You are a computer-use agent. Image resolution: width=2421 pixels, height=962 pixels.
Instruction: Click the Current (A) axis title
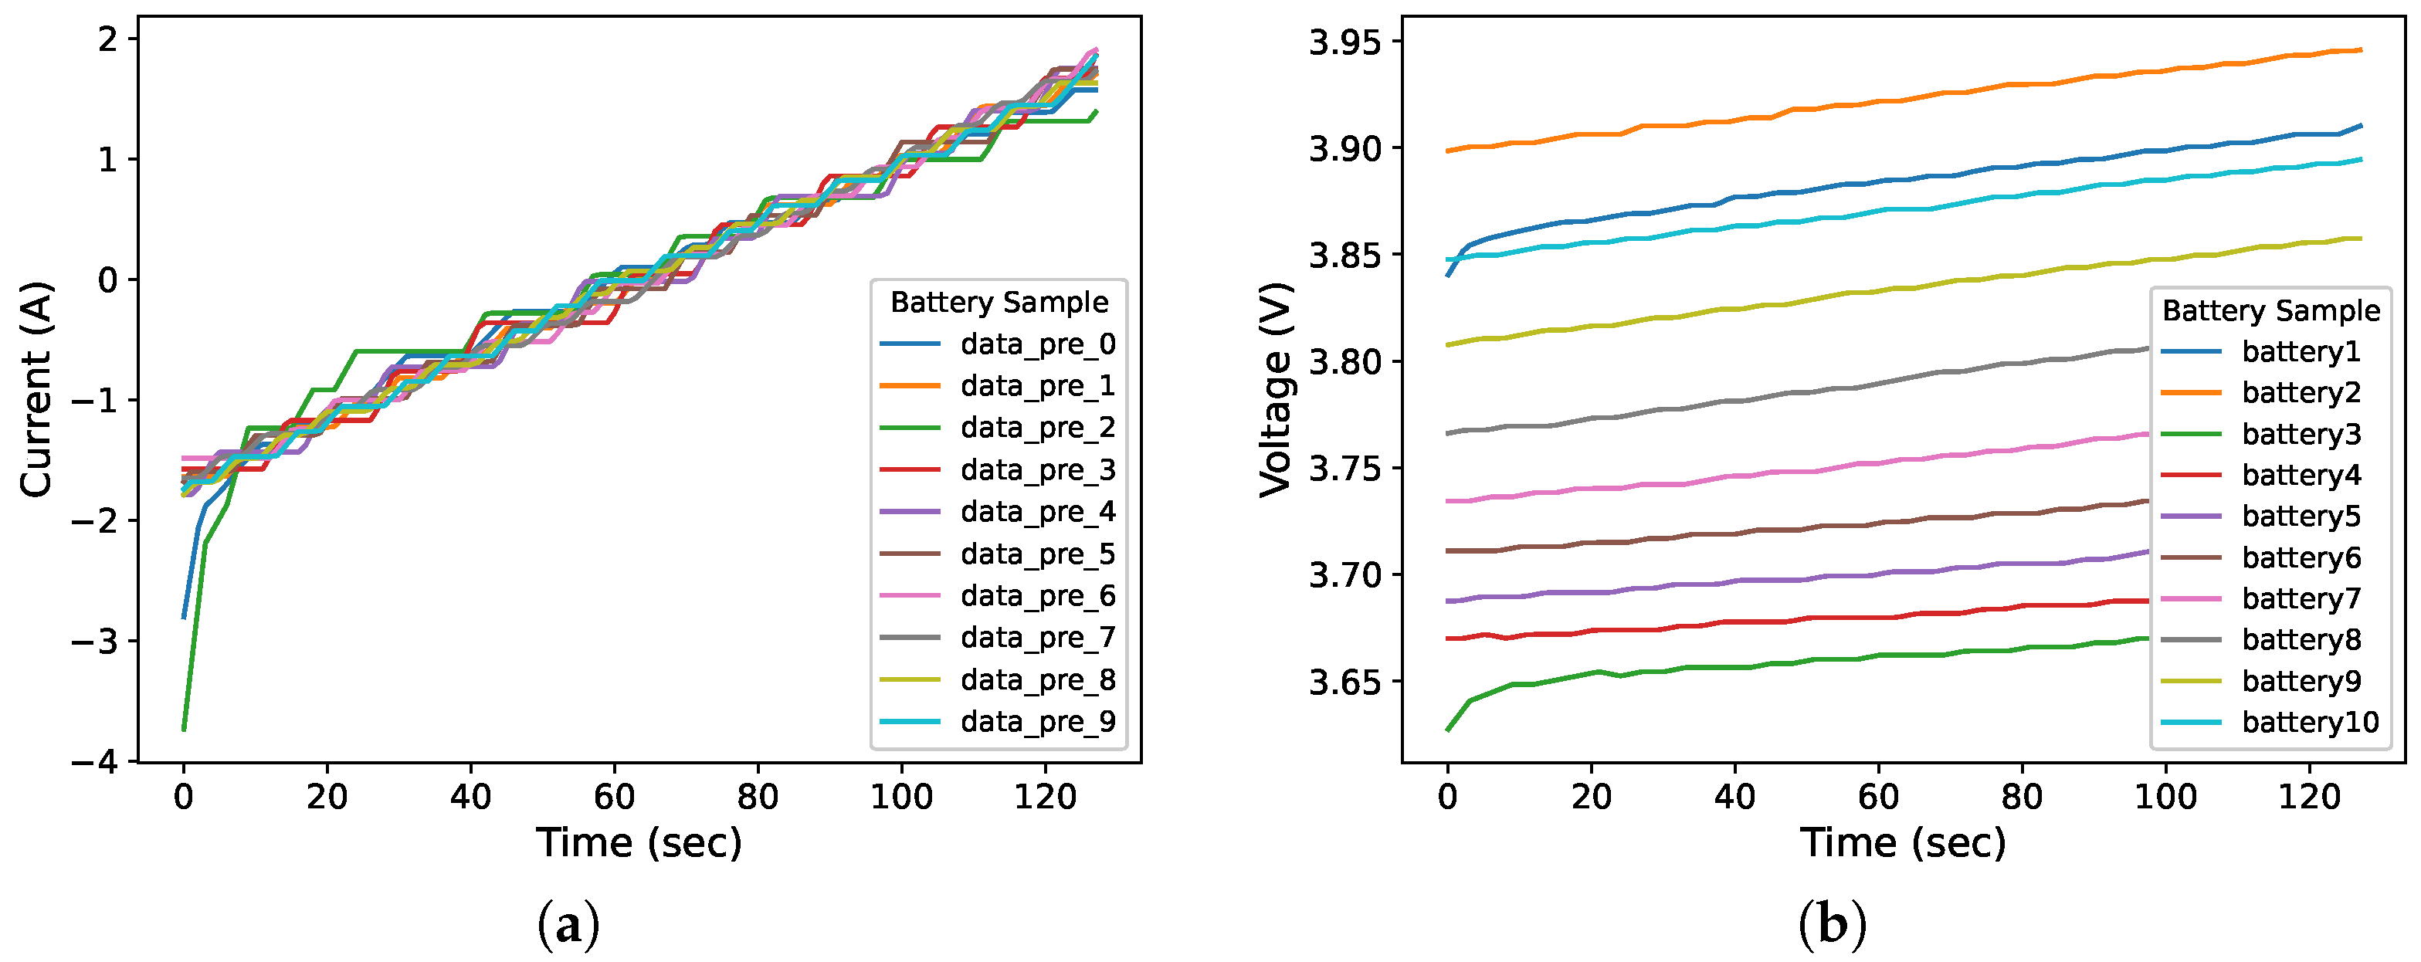point(36,389)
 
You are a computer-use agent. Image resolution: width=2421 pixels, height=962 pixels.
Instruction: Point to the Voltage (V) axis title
point(1277,389)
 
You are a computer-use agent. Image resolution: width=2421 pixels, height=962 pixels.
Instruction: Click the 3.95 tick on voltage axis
point(1348,42)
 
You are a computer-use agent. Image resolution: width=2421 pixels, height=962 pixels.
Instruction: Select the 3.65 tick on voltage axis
point(1348,682)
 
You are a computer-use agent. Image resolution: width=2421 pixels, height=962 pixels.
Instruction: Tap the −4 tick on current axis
point(95,762)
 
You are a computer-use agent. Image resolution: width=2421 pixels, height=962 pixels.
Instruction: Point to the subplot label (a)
point(568,926)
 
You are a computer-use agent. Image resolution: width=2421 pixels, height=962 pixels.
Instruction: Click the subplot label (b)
point(1832,926)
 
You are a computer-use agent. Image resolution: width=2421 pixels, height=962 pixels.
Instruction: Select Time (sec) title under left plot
point(639,842)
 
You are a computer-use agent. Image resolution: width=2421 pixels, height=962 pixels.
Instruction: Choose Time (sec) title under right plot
point(1903,842)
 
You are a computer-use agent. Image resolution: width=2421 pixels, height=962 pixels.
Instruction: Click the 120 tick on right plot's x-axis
point(2309,798)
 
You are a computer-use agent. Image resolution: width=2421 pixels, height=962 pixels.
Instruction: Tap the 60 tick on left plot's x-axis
point(614,798)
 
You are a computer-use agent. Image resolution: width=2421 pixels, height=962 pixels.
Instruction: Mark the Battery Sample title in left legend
point(999,303)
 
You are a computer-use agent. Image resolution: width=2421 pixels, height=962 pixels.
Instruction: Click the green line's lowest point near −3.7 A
point(185,728)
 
